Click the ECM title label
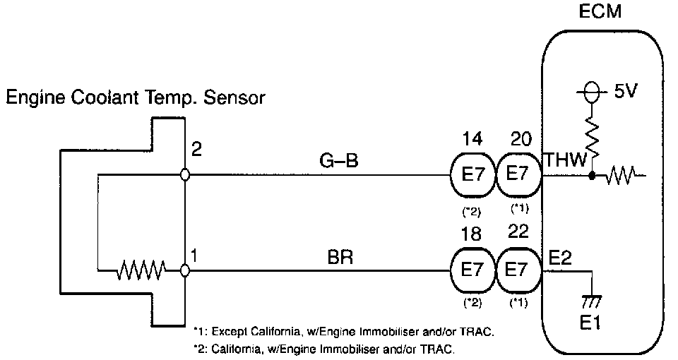pos(602,13)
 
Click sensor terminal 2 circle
pos(184,174)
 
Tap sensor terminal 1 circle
pos(184,270)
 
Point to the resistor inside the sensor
pos(141,270)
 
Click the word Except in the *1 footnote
pos(230,330)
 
